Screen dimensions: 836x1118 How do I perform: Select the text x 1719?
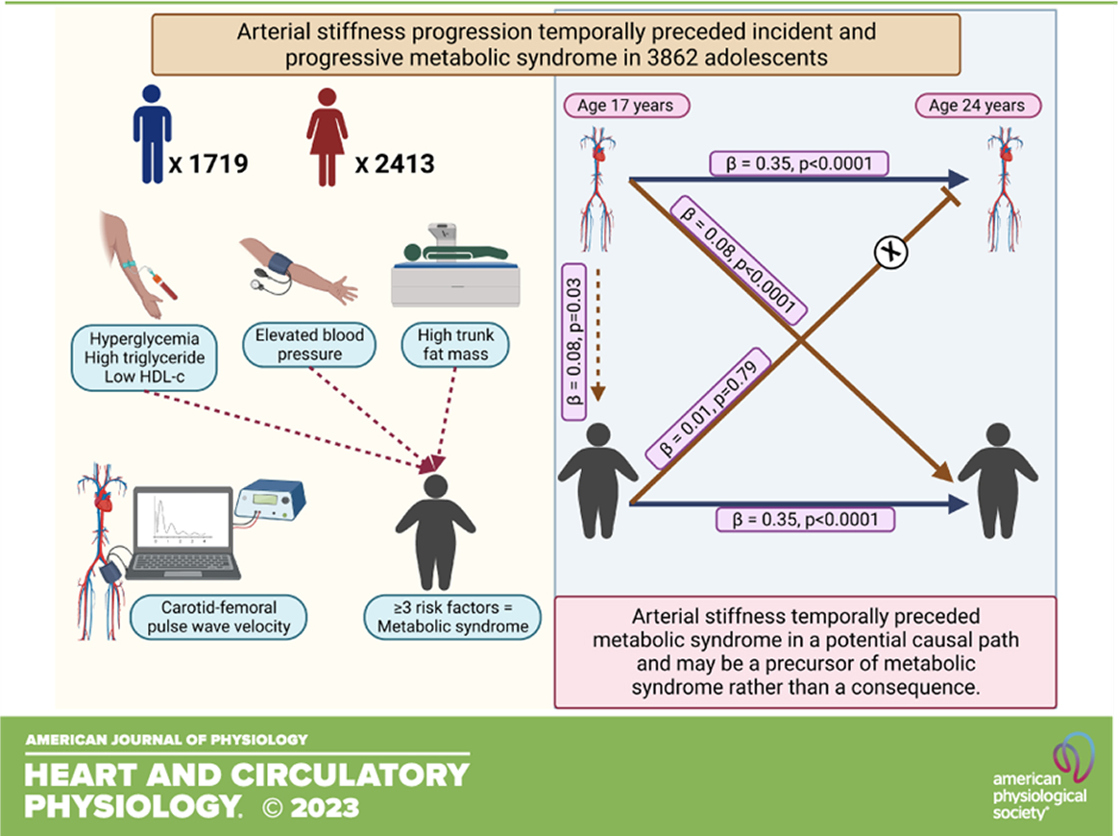coord(209,163)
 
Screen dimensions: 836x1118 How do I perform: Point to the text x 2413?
coord(394,163)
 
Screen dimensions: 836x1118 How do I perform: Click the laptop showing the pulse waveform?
coord(182,533)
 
